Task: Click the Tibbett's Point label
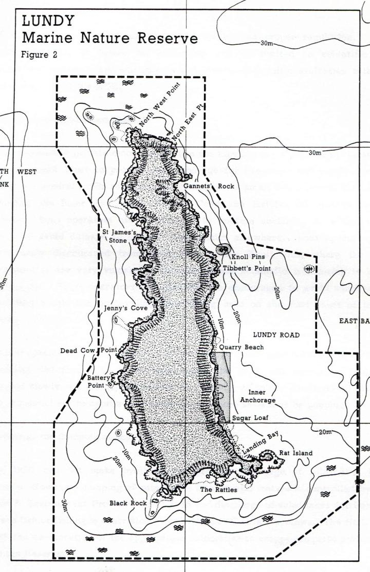tap(245, 268)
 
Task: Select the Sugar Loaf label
tap(248, 418)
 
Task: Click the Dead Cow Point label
tap(89, 351)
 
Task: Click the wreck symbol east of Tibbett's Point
tap(309, 268)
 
